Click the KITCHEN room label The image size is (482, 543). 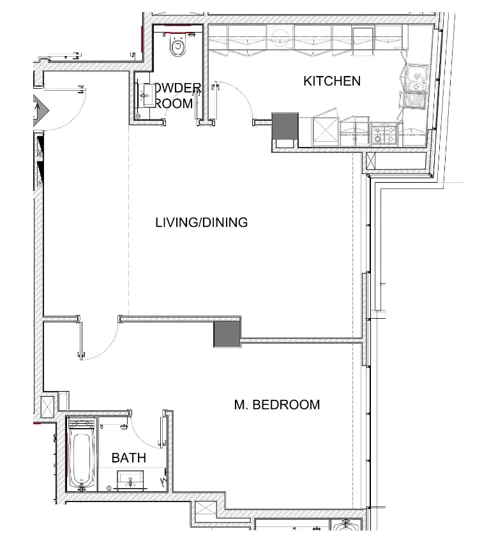click(x=331, y=81)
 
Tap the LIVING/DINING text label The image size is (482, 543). click(x=201, y=223)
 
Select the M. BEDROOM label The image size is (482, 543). click(x=276, y=404)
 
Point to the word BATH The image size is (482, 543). click(x=128, y=458)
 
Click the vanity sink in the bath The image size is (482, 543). click(x=132, y=478)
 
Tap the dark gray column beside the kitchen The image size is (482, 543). click(x=285, y=126)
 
